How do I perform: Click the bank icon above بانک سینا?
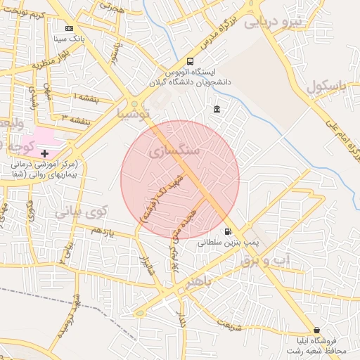(68, 28)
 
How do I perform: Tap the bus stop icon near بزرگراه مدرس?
(191, 61)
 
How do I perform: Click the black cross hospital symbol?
(45, 153)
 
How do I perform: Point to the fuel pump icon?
(227, 231)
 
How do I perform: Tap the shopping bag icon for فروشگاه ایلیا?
(316, 330)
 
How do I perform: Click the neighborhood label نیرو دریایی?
(273, 22)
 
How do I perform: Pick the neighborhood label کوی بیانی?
(80, 210)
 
